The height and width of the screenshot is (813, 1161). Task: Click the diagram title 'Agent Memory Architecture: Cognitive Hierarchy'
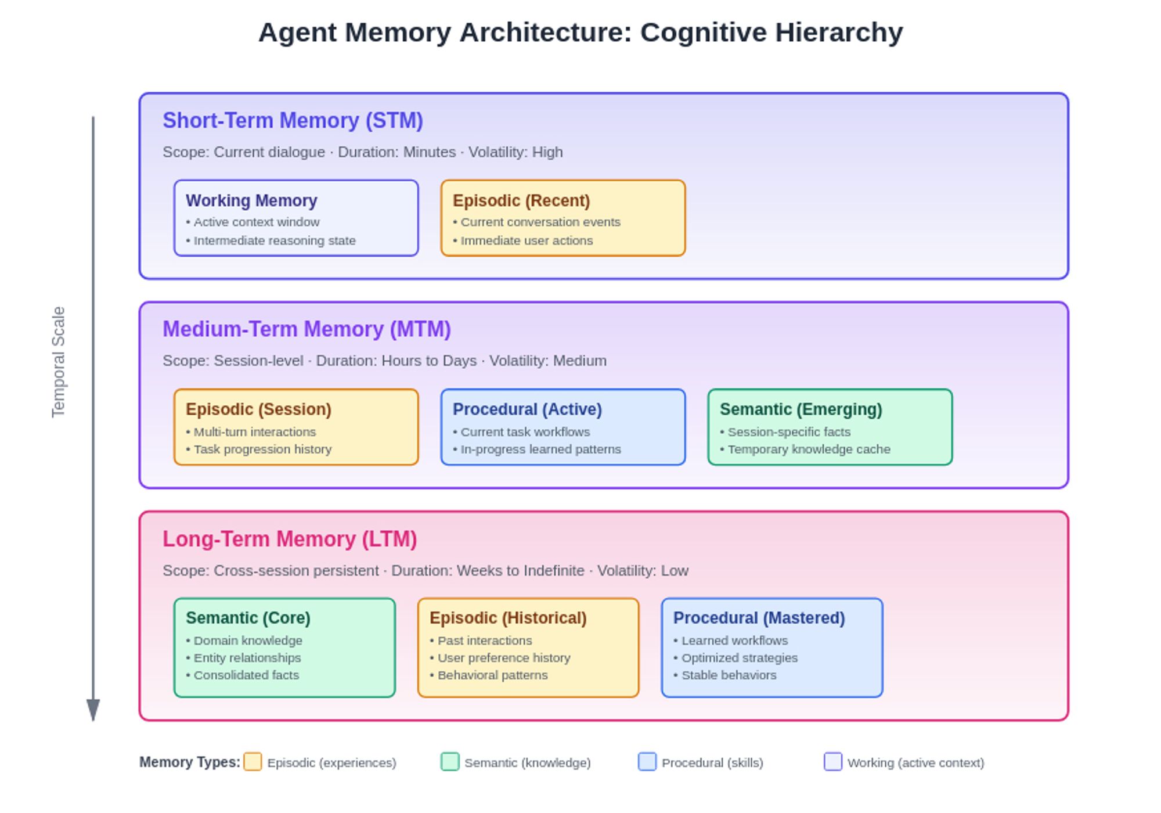pyautogui.click(x=580, y=33)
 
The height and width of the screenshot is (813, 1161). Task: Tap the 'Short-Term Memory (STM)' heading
pyautogui.click(x=293, y=121)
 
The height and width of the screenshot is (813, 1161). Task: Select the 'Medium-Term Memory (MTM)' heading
pyautogui.click(x=307, y=329)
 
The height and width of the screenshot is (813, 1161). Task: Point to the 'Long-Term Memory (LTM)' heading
pyautogui.click(x=290, y=539)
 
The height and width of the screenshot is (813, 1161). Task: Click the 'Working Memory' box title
pyautogui.click(x=251, y=201)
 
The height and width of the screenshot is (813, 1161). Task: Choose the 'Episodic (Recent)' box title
pyautogui.click(x=521, y=201)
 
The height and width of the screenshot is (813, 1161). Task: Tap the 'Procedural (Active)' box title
pyautogui.click(x=527, y=409)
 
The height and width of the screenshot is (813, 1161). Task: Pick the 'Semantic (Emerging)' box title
pyautogui.click(x=801, y=409)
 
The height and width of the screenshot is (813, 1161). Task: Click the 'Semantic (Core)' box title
pyautogui.click(x=248, y=618)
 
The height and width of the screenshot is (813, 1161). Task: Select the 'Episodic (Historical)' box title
pyautogui.click(x=508, y=618)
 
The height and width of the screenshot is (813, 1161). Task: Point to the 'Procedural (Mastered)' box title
pyautogui.click(x=759, y=618)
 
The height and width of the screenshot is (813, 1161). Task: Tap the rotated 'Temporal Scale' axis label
pyautogui.click(x=58, y=362)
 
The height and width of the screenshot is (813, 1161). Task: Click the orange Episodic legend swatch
pyautogui.click(x=253, y=762)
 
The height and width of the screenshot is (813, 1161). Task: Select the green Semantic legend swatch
pyautogui.click(x=450, y=762)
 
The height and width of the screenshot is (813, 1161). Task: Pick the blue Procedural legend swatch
pyautogui.click(x=647, y=762)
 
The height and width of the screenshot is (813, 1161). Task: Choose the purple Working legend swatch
pyautogui.click(x=833, y=762)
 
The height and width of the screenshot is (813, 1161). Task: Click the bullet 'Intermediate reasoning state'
pyautogui.click(x=271, y=240)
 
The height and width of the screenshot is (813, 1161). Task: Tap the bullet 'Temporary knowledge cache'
pyautogui.click(x=805, y=449)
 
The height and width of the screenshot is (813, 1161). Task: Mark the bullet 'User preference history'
pyautogui.click(x=500, y=658)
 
